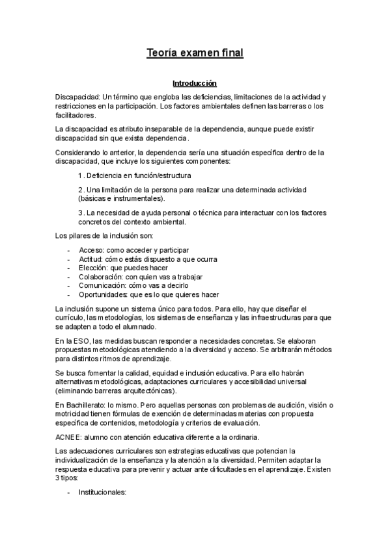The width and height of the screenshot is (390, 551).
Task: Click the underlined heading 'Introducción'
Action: point(194,84)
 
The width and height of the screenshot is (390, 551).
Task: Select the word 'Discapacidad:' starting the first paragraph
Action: point(78,96)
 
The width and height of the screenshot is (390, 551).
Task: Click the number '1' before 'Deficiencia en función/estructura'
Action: point(79,175)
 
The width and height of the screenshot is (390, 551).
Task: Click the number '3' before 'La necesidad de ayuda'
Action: point(79,212)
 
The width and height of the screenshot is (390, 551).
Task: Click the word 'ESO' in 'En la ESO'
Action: point(81,341)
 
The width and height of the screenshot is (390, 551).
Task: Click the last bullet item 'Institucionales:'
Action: point(102,493)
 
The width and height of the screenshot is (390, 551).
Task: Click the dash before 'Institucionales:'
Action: point(70,493)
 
